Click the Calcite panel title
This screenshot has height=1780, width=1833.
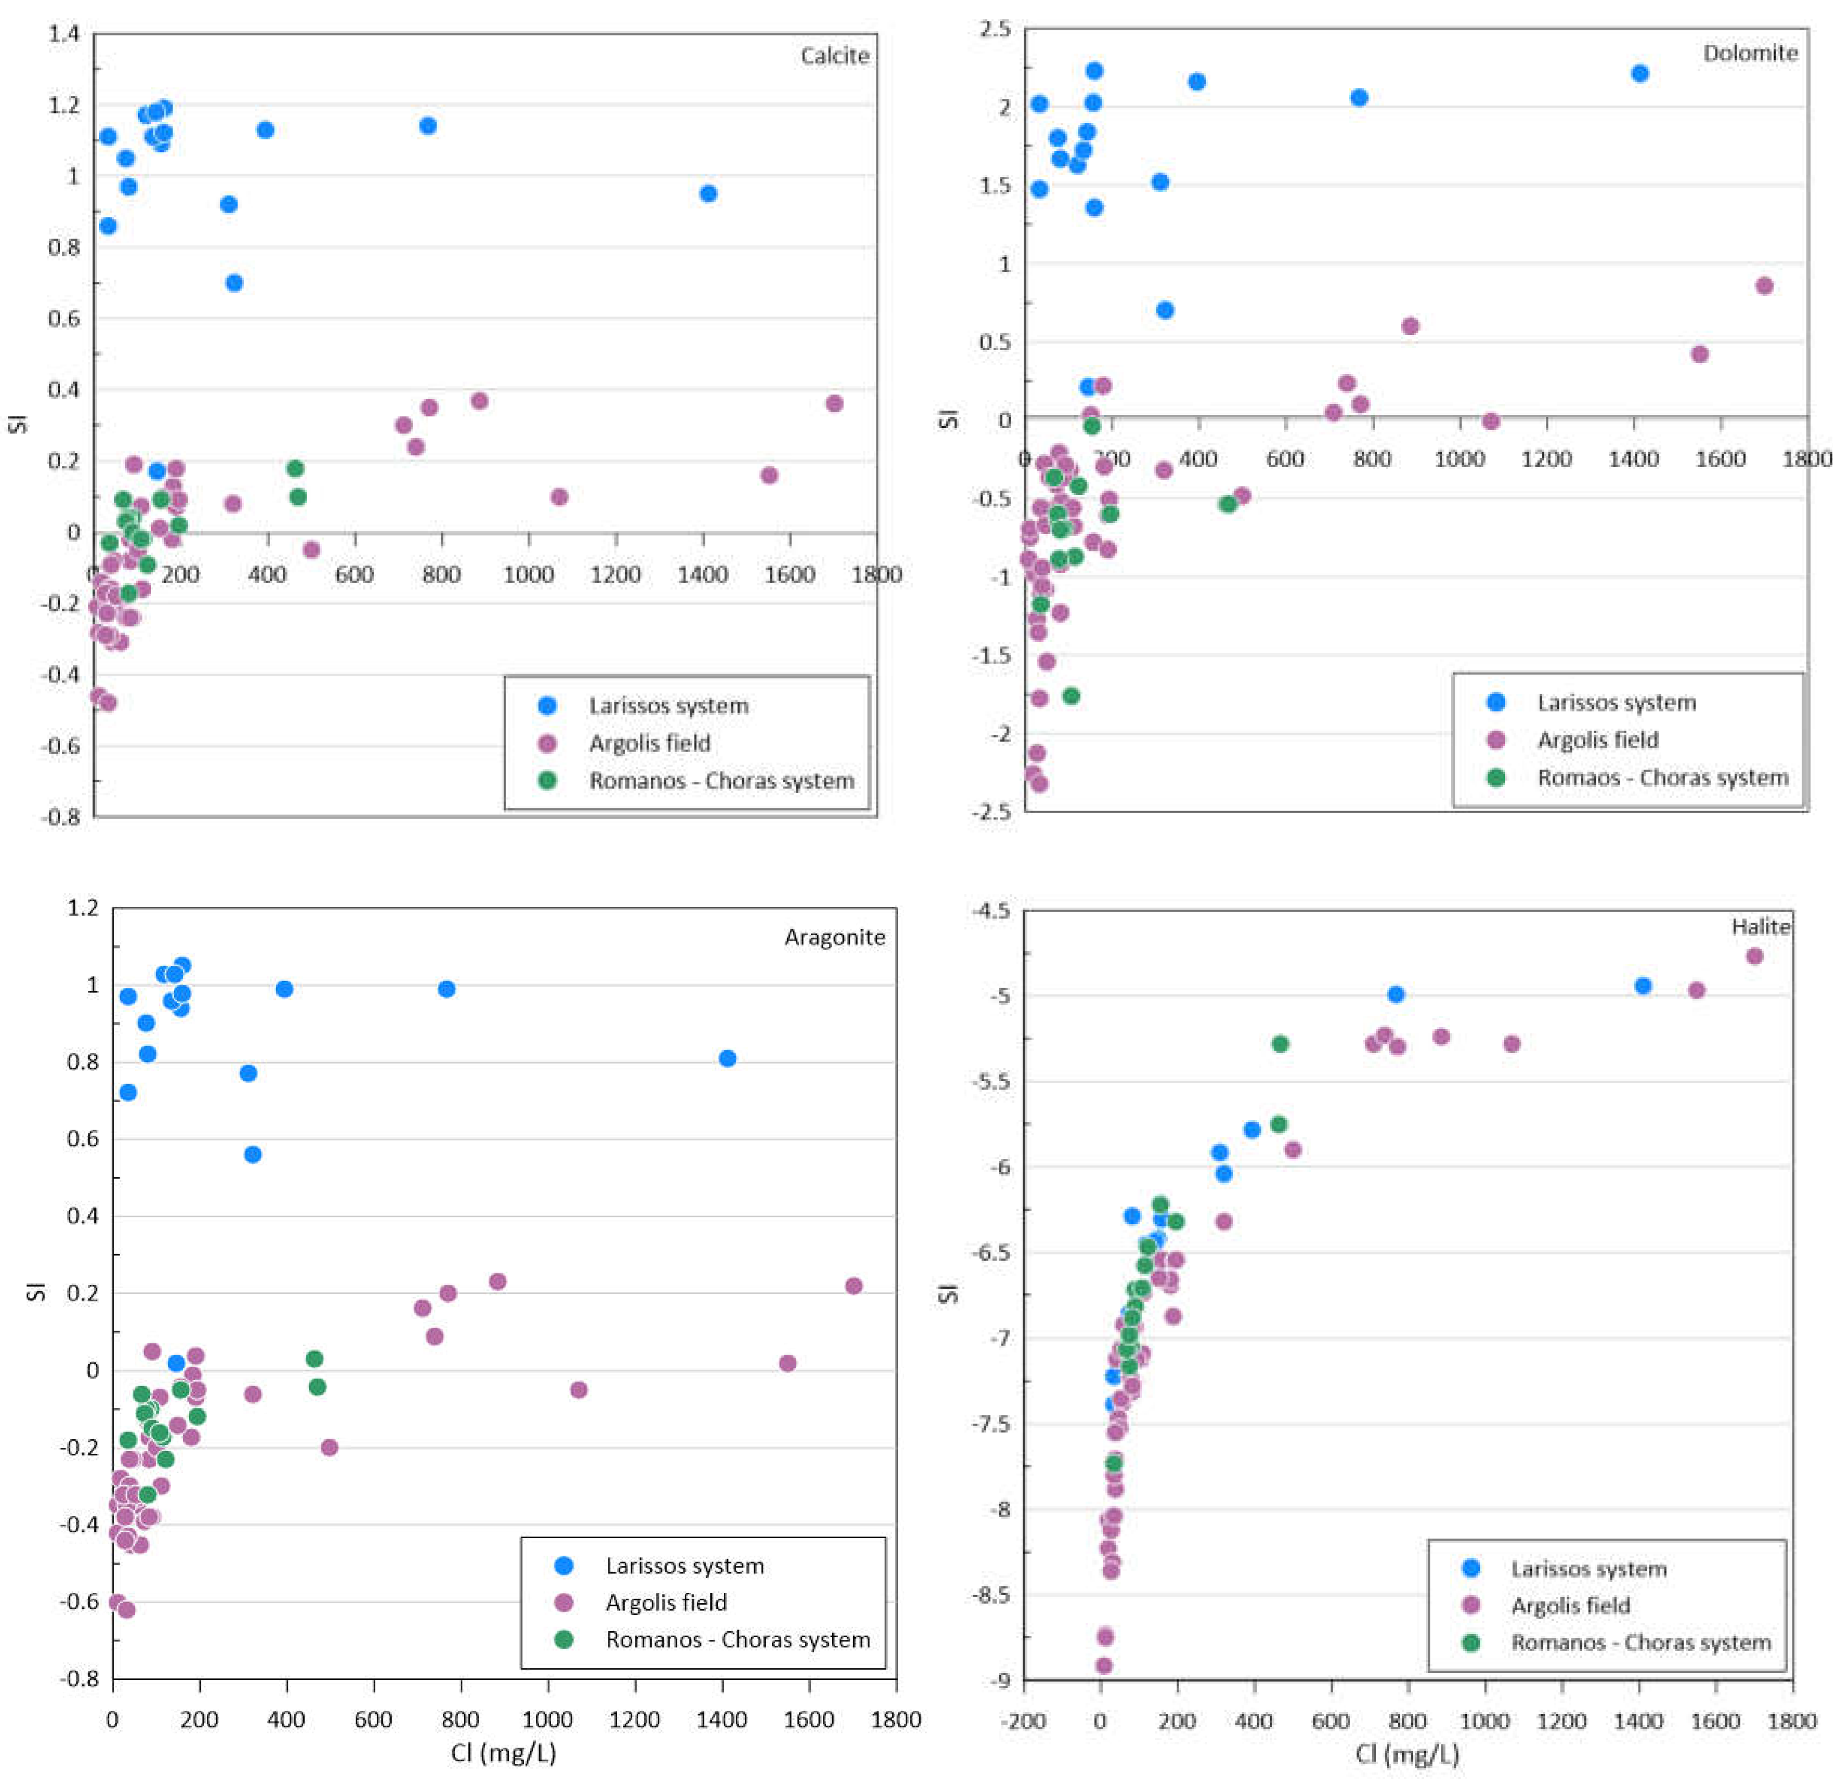(x=834, y=56)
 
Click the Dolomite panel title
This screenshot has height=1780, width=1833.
(x=1750, y=53)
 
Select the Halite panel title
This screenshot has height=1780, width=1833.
(x=1760, y=926)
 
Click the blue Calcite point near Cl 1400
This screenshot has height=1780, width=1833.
(x=708, y=194)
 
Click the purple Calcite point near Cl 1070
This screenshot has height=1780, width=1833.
(x=559, y=497)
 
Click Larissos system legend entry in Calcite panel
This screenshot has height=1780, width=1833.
(x=667, y=706)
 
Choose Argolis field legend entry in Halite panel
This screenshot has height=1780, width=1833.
(x=1570, y=1605)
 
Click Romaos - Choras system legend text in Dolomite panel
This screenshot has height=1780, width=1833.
(x=1662, y=778)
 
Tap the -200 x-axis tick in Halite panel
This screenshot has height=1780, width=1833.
(x=1023, y=1720)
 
